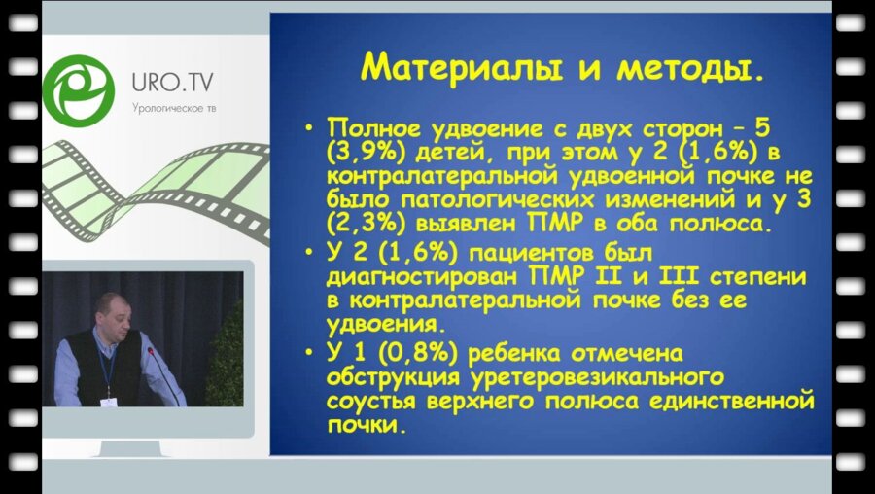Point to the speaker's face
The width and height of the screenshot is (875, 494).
(109, 312)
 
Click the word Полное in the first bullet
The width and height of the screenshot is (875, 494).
(373, 131)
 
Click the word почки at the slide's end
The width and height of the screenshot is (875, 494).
(366, 424)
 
